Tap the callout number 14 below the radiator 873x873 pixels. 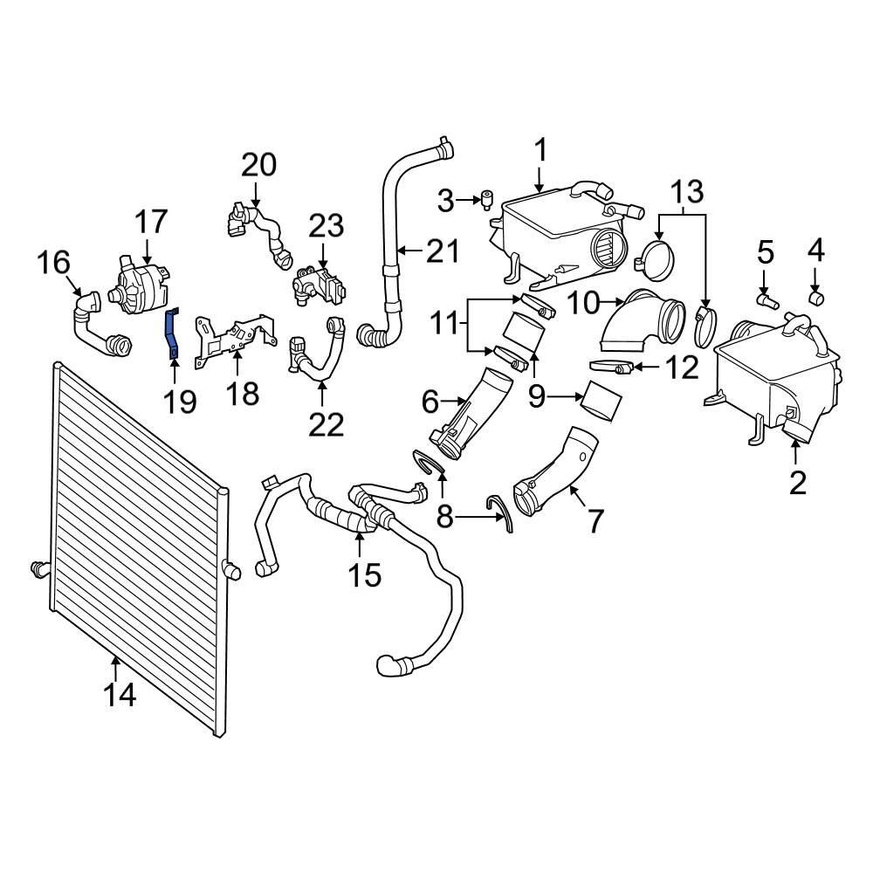[x=120, y=696]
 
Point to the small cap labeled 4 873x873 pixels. [x=818, y=299]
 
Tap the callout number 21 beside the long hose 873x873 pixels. [x=442, y=251]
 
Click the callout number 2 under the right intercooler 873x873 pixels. [x=798, y=481]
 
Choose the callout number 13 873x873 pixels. [x=686, y=190]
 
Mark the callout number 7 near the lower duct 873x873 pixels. [x=595, y=521]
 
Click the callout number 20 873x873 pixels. [x=258, y=164]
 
